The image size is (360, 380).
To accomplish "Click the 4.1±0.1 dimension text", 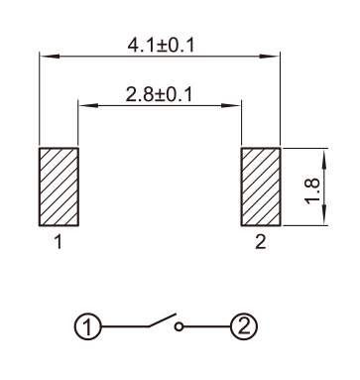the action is [161, 46].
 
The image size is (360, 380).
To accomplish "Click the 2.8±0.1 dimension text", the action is [159, 94].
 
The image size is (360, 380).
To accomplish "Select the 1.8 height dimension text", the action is [313, 191].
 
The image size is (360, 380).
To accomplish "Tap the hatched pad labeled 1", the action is [59, 187].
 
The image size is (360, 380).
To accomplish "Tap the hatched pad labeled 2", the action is [261, 187].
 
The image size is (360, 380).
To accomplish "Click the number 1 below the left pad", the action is [59, 242].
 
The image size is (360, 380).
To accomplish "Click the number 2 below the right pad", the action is [261, 242].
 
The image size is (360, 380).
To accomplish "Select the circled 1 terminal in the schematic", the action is [87, 327].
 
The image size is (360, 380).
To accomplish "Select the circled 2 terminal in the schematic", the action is [244, 327].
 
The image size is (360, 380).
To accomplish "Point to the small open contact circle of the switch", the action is [179, 327].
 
